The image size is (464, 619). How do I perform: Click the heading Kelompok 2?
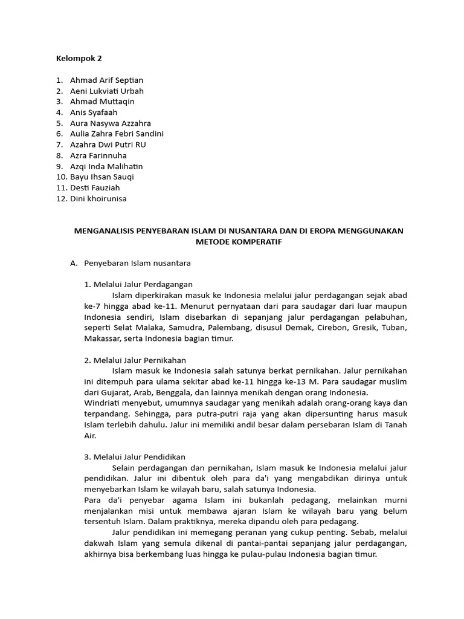79,59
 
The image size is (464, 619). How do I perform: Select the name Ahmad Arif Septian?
106,80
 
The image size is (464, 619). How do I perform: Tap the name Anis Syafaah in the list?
94,112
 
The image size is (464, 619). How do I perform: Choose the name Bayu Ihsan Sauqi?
101,177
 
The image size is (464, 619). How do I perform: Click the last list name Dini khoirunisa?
98,199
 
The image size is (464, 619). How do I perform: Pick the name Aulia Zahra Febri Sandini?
117,134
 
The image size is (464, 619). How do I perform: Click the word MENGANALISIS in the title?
105,232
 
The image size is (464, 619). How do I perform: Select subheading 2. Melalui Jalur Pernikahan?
135,360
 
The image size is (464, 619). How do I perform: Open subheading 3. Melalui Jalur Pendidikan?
135,456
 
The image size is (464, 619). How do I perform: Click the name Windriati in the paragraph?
104,403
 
